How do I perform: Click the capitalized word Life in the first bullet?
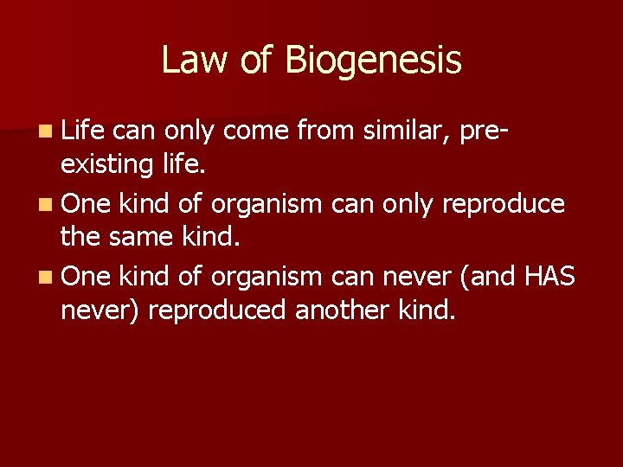point(83,131)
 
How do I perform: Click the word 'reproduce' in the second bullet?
point(503,206)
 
